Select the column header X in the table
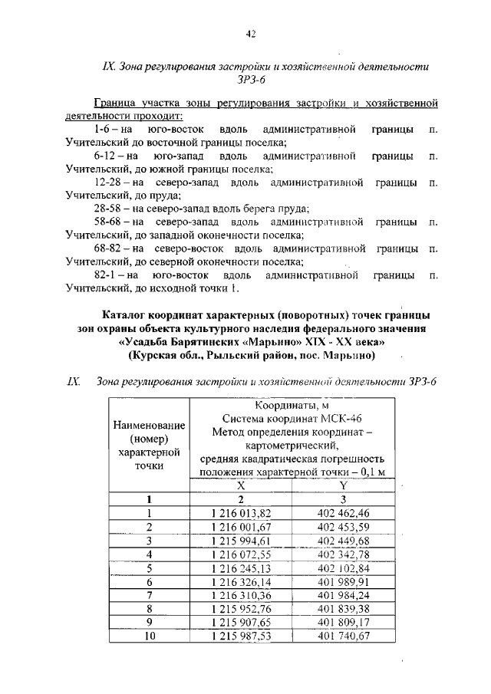pos(240,485)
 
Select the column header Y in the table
pos(343,485)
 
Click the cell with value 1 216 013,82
pos(240,513)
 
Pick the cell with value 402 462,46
pos(343,513)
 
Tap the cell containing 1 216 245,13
pos(240,568)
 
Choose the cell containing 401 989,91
pos(343,582)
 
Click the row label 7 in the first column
pos(150,596)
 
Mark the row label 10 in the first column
pos(150,636)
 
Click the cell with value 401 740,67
pos(343,636)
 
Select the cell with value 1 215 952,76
pos(240,609)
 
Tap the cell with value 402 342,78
pos(343,554)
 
